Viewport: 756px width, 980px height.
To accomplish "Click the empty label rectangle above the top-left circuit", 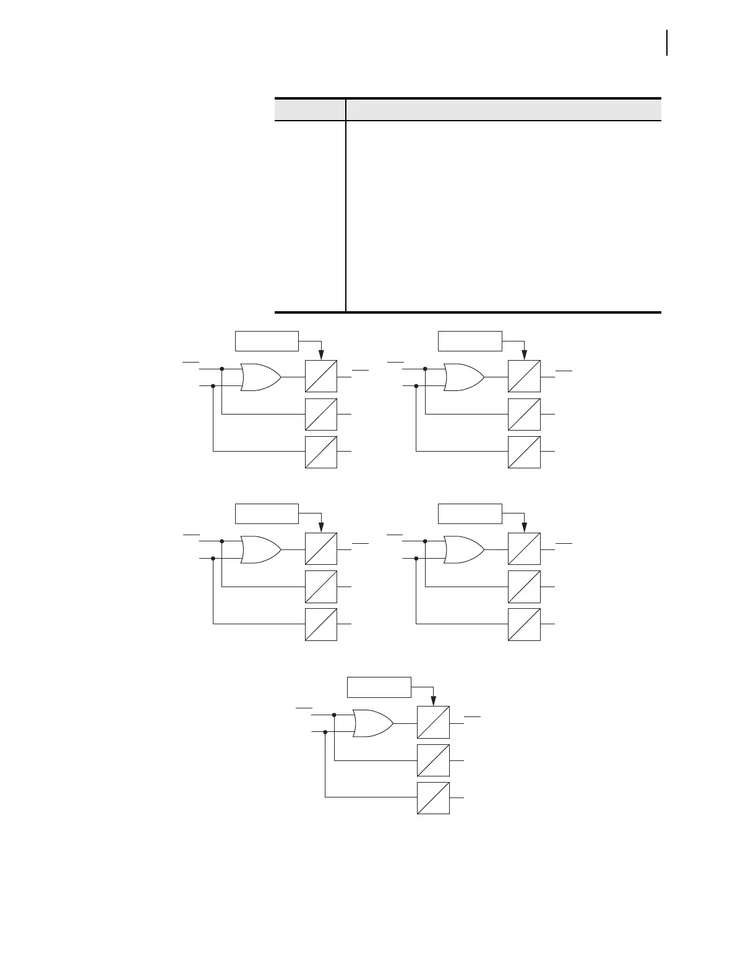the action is [267, 341].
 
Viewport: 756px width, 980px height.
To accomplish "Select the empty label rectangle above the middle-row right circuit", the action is [470, 514].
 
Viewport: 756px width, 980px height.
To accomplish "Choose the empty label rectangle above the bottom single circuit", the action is [379, 687].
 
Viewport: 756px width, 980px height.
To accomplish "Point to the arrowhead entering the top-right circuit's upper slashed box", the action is [524, 356].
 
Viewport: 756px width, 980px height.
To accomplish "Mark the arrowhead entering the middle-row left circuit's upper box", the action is [321, 528].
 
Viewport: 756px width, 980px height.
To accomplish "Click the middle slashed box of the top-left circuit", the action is [321, 414].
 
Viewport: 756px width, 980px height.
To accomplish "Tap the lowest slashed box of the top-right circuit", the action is [524, 452].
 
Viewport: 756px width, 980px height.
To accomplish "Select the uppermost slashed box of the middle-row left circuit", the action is [321, 549].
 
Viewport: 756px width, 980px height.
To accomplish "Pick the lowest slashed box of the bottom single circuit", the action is [433, 798].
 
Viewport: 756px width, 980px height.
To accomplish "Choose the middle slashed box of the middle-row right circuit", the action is [524, 587].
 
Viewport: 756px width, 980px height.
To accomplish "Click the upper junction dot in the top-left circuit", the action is [221, 369].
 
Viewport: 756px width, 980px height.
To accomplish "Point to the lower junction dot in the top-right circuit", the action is [416, 386].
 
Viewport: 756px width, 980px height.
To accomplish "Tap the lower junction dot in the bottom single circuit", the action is [325, 732].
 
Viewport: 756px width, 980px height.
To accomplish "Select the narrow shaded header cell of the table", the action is [310, 110].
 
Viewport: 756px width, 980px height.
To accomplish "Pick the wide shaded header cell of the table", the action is [504, 110].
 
